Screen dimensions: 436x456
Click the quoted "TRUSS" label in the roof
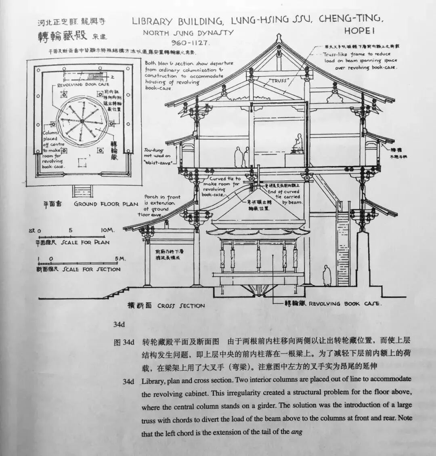(x=279, y=81)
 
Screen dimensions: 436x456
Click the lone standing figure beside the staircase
(x=327, y=276)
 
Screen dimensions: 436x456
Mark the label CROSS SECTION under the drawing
(x=181, y=306)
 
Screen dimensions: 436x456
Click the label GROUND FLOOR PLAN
(x=106, y=204)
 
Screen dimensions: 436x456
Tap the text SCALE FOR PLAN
(x=85, y=242)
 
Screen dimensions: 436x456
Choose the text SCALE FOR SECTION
(x=91, y=269)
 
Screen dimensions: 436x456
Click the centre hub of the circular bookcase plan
(x=83, y=120)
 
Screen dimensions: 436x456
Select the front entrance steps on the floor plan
(x=82, y=191)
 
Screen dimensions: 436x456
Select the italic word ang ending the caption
(x=297, y=432)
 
